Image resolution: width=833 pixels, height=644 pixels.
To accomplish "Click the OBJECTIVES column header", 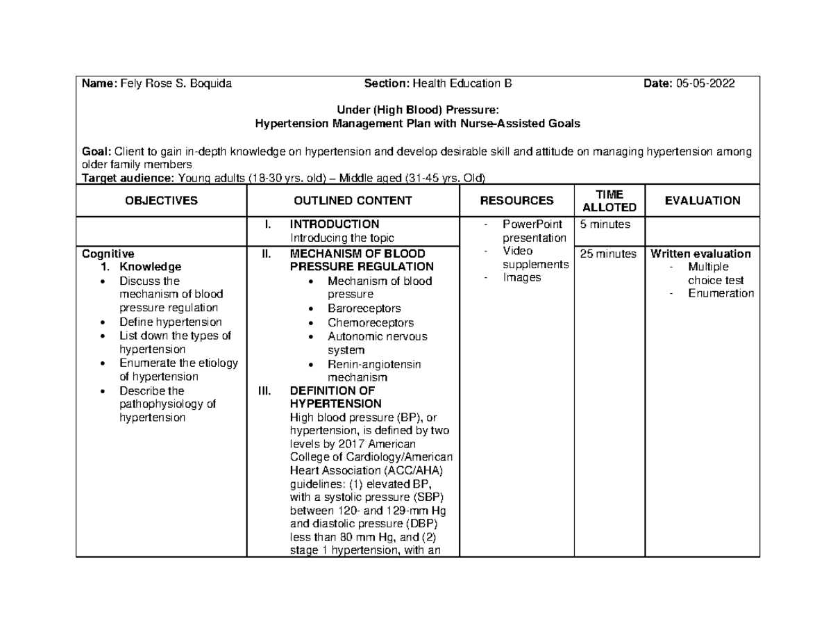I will coord(161,201).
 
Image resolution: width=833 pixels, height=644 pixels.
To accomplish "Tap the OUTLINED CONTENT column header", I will coord(353,201).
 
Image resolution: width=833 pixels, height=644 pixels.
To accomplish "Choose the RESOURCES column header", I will coord(516,201).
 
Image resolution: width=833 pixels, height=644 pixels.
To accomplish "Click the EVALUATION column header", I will coord(702,201).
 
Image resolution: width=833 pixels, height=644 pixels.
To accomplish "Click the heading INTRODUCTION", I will coord(334,224).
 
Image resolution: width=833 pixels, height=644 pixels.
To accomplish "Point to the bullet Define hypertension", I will coord(170,322).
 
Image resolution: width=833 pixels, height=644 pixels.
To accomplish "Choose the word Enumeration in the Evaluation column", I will coord(721,293).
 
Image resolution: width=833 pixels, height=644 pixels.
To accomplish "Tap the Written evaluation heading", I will coord(699,254).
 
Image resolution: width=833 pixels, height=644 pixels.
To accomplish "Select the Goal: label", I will coord(96,151).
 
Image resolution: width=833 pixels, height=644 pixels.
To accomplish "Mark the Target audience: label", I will coord(128,177).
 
